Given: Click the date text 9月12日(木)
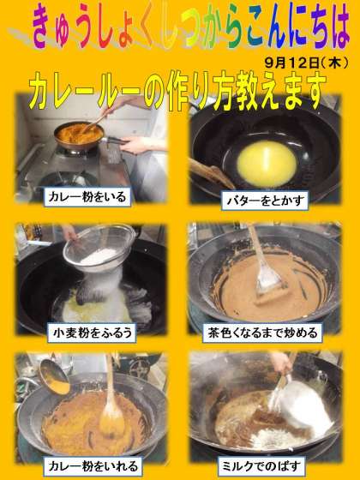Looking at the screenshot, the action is coord(306,63).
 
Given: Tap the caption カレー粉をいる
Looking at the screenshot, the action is coord(87,197).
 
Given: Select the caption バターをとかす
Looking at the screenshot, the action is coord(265,201).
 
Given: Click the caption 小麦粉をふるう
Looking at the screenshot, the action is coord(92,333).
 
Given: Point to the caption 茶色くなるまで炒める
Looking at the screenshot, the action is coord(262,333).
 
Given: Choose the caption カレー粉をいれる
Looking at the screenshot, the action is coord(93,466).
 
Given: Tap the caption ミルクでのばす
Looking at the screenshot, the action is coord(261,466).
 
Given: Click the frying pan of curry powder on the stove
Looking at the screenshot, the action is coord(79,135).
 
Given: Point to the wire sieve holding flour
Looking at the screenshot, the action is coord(99,248).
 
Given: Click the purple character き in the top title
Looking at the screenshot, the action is coord(43,26).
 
